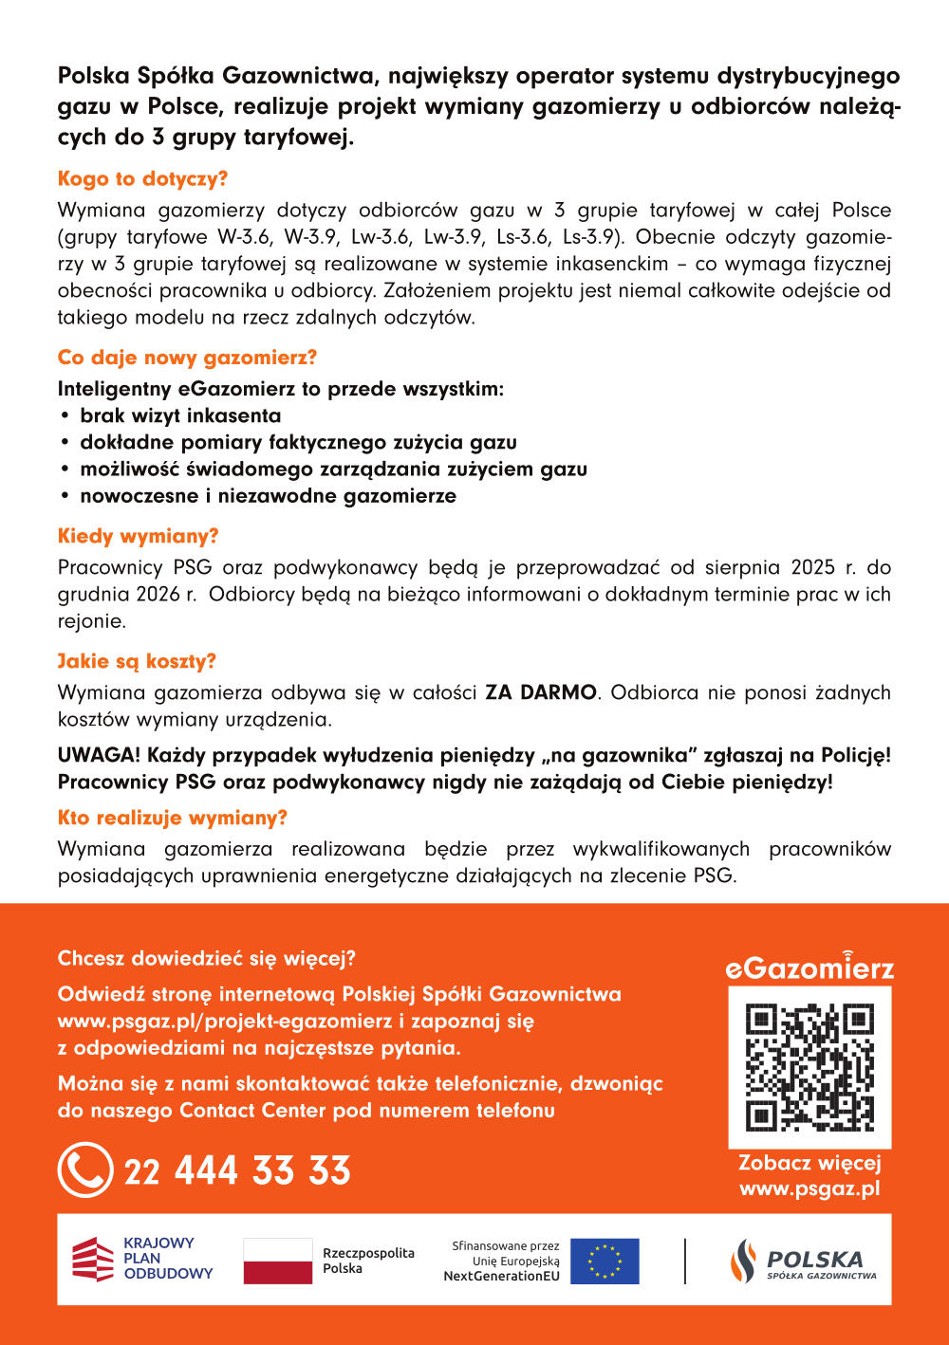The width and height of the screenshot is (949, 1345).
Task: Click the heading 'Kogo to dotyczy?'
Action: (x=142, y=179)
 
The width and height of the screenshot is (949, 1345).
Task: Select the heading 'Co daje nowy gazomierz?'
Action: (x=187, y=358)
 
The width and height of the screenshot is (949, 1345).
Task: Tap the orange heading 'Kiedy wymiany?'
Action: (x=138, y=536)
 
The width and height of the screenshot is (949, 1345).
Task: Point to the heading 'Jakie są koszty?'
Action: (x=137, y=661)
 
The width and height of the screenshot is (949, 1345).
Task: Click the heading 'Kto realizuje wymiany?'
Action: (x=172, y=818)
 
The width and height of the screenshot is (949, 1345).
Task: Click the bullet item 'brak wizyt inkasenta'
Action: (x=180, y=415)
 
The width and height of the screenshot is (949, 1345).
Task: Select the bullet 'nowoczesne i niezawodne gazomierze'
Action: (x=268, y=495)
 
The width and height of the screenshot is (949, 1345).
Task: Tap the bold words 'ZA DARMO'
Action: (x=541, y=692)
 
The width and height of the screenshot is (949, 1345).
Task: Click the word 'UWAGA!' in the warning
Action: (x=99, y=755)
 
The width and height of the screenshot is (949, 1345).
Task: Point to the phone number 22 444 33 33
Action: (x=237, y=1170)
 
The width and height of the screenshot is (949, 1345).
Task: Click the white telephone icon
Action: (x=85, y=1170)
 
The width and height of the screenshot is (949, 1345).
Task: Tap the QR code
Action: (x=809, y=1067)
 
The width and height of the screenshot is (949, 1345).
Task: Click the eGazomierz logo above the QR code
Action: (x=809, y=967)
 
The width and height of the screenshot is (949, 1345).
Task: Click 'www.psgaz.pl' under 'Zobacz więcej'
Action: (x=809, y=1188)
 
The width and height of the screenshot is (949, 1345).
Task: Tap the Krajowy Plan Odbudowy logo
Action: (x=143, y=1259)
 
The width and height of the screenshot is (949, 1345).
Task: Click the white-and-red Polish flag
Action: (x=277, y=1261)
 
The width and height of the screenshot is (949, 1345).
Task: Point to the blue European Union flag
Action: (x=605, y=1261)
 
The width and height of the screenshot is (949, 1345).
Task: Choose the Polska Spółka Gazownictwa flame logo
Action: (x=743, y=1261)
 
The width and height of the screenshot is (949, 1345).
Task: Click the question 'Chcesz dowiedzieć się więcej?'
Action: (x=206, y=958)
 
